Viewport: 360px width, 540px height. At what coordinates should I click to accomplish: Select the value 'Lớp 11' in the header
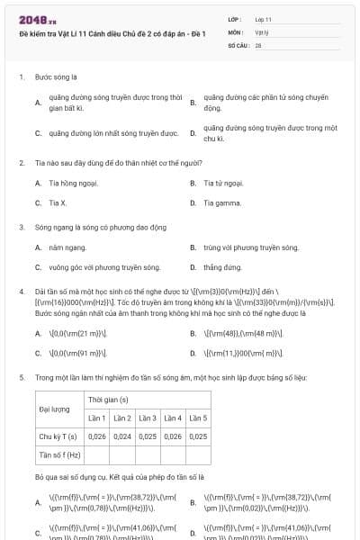(x=263, y=19)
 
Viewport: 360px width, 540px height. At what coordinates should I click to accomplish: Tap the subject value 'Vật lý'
(x=261, y=31)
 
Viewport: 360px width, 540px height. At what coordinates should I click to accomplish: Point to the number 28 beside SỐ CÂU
(x=258, y=44)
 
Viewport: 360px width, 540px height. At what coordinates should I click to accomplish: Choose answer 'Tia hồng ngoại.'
(x=70, y=183)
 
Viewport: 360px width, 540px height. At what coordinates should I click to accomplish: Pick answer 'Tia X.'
(x=58, y=202)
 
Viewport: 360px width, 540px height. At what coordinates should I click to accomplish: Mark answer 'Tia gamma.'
(x=222, y=202)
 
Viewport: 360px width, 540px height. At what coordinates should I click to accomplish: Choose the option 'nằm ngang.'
(x=67, y=247)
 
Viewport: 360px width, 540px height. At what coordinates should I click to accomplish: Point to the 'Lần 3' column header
(x=147, y=418)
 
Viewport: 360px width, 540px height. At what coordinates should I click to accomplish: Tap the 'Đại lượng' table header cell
(x=55, y=409)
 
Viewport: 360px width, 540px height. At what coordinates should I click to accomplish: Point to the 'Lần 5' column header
(x=197, y=418)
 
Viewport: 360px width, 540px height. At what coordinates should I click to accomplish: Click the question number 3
(x=22, y=228)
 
